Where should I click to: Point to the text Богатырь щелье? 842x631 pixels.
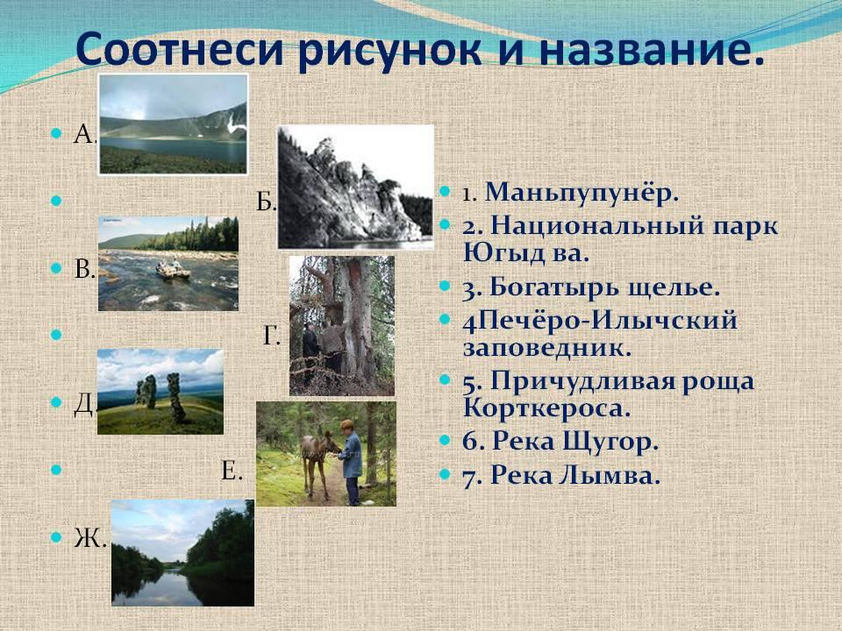[x=590, y=288]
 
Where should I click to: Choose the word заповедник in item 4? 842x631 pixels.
[x=546, y=349]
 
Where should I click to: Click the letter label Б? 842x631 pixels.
[x=266, y=202]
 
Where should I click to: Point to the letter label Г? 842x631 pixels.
[x=272, y=337]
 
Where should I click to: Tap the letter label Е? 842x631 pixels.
[x=232, y=471]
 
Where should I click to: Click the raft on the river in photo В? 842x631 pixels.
[x=173, y=270]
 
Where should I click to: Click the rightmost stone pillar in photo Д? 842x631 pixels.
[x=175, y=398]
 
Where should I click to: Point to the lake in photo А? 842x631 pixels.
[x=173, y=149]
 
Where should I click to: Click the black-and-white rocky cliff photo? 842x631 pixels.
[x=355, y=187]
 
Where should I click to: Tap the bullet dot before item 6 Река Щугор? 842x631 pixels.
[x=445, y=441]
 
